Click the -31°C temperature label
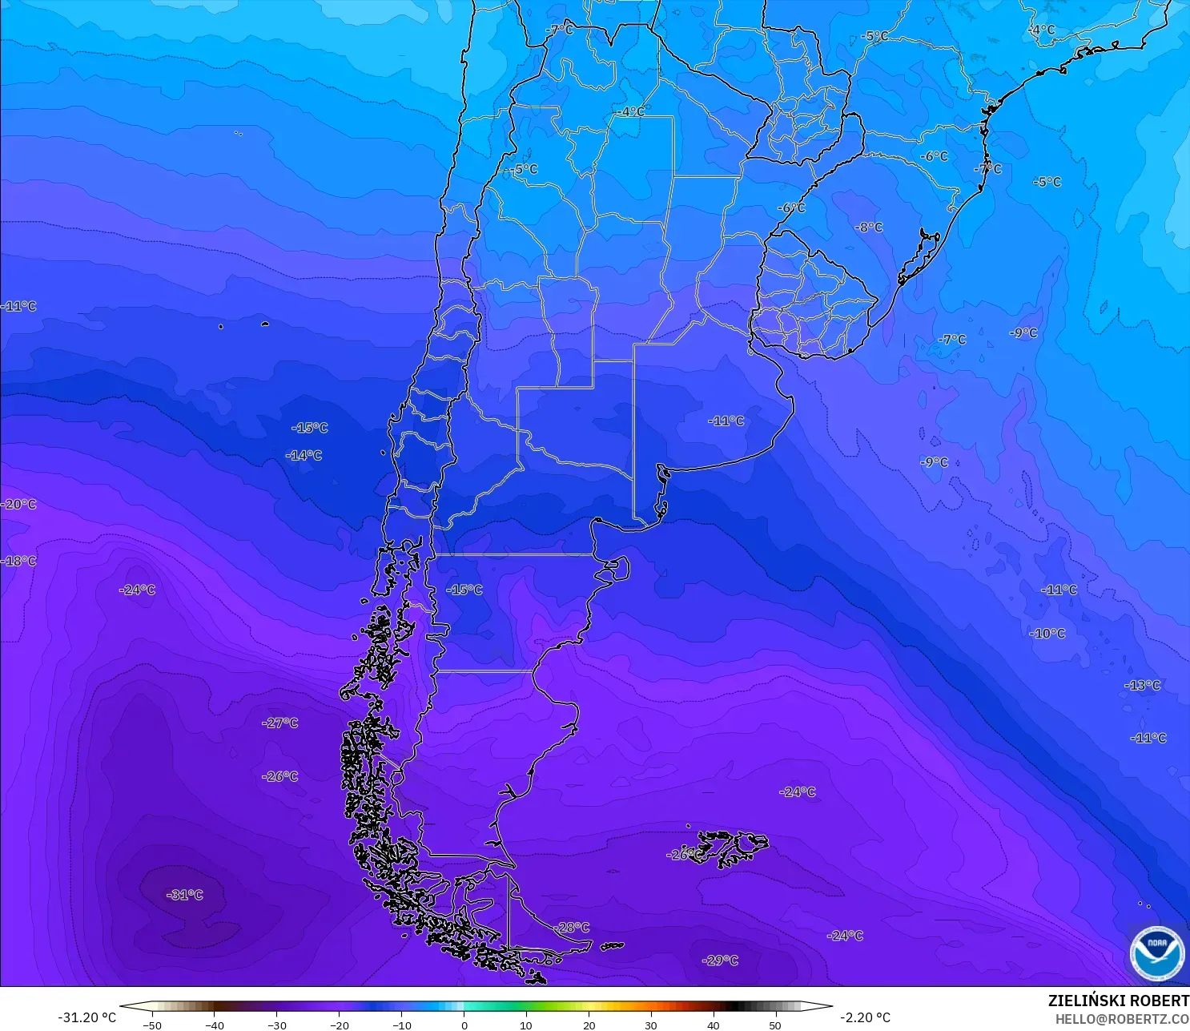click(x=185, y=895)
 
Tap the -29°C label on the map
click(x=720, y=961)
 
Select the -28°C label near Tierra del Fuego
click(x=571, y=928)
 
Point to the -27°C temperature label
click(x=279, y=723)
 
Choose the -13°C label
click(x=1142, y=685)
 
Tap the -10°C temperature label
click(x=1047, y=633)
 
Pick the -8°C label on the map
click(x=868, y=228)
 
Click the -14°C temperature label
click(x=304, y=455)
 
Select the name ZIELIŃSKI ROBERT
click(x=1118, y=1001)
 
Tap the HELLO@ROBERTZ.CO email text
click(x=1121, y=1019)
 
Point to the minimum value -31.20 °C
click(x=86, y=1017)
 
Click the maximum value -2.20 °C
click(x=865, y=1017)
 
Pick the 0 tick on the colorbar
click(x=464, y=1025)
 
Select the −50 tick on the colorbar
click(x=151, y=1025)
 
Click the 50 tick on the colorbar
click(x=775, y=1025)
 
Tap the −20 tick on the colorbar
click(x=339, y=1025)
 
